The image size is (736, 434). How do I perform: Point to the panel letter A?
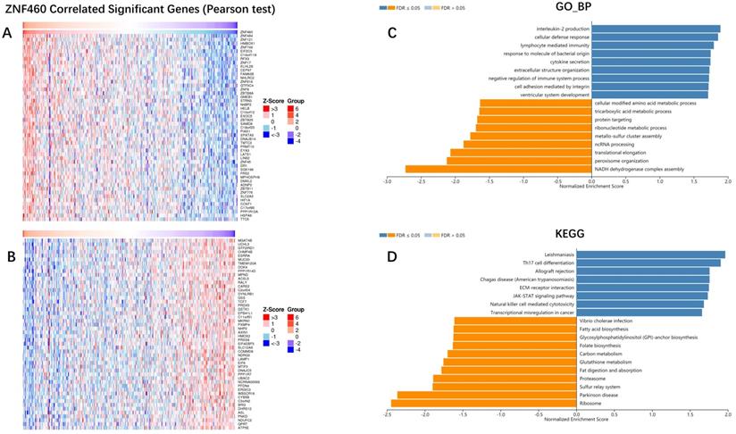pos(7,33)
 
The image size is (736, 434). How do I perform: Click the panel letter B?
pos(7,238)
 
